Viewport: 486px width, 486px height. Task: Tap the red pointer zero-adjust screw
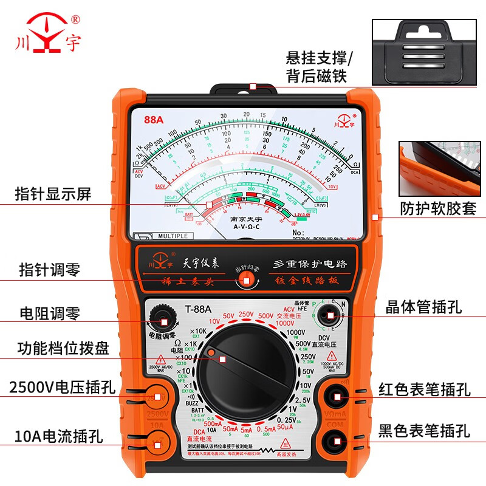point(246,279)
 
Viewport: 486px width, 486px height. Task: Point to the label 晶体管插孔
point(423,307)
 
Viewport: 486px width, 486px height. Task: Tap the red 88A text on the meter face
point(154,120)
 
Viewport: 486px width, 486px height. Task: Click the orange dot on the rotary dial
point(210,352)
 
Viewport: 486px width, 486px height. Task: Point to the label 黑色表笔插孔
point(424,432)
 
